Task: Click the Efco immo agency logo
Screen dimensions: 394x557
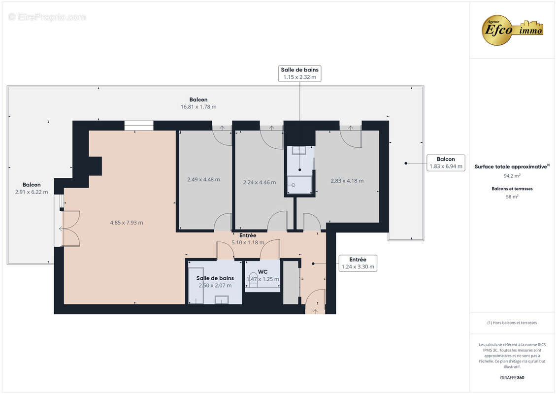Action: point(512,30)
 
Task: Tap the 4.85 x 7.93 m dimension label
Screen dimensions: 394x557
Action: point(127,223)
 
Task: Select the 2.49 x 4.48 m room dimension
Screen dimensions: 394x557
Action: point(203,180)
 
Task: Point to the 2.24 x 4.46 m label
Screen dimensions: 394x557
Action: point(260,182)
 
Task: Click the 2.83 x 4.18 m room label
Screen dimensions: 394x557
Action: point(347,181)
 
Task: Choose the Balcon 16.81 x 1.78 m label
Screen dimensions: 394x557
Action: point(198,103)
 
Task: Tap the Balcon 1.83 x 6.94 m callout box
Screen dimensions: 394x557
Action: point(446,163)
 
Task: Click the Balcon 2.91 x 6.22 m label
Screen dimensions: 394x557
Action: point(32,188)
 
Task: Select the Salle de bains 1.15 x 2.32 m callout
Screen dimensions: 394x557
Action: point(299,73)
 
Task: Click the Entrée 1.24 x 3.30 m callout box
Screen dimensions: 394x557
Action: point(358,263)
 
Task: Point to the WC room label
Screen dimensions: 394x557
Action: point(262,271)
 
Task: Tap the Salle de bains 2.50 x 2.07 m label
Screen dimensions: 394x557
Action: point(215,282)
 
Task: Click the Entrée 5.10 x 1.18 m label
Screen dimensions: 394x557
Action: point(248,239)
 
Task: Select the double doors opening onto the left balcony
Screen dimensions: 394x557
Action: point(69,229)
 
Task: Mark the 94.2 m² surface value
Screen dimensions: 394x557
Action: point(512,175)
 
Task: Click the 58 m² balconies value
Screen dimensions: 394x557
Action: point(512,197)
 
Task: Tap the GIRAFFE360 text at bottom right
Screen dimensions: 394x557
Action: point(512,378)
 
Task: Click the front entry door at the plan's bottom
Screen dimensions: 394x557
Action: point(315,301)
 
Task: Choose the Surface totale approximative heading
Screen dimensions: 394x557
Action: point(512,166)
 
